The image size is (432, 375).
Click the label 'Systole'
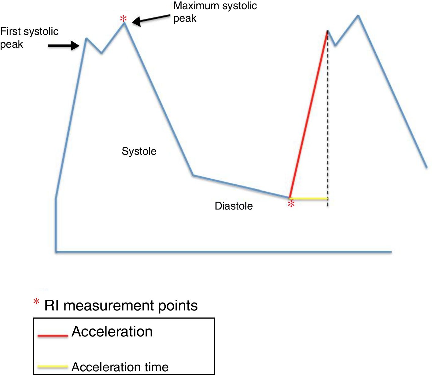(139, 151)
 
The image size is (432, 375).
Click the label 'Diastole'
(234, 206)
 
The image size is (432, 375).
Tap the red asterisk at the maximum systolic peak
(123, 19)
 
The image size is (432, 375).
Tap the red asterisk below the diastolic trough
(291, 204)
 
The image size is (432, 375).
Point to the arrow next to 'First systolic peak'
(64, 45)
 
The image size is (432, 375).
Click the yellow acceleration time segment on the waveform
(309, 199)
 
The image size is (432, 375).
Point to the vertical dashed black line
(328, 122)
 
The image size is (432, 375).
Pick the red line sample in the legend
(53, 336)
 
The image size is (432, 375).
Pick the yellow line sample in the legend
(53, 366)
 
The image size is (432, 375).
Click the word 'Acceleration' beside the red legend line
(112, 332)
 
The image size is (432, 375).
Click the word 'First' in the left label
(10, 31)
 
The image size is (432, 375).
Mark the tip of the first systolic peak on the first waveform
(86, 39)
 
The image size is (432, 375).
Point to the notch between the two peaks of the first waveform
(102, 53)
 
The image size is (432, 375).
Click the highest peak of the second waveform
(358, 15)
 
